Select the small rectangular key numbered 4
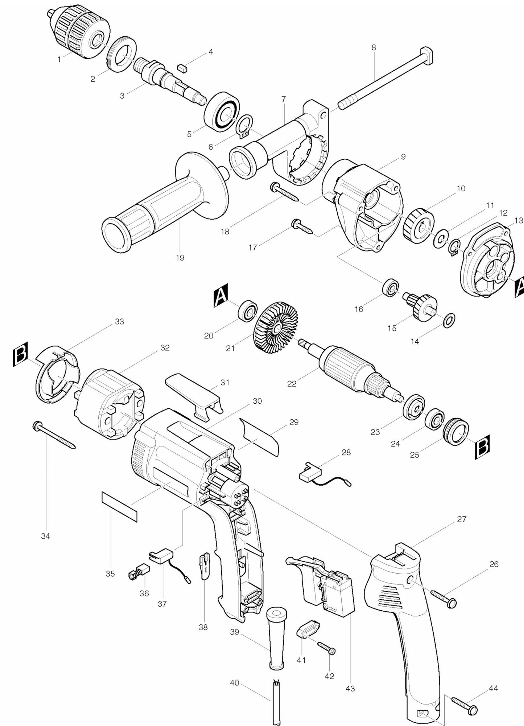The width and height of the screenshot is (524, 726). pyautogui.click(x=182, y=68)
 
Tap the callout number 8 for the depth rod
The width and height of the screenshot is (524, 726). pyautogui.click(x=374, y=48)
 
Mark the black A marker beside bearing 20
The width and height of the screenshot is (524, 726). pyautogui.click(x=221, y=295)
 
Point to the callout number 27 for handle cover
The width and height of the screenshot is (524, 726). pyautogui.click(x=461, y=519)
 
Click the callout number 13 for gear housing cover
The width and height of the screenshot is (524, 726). pyautogui.click(x=519, y=220)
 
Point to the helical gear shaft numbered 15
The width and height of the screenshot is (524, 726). pyautogui.click(x=421, y=307)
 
